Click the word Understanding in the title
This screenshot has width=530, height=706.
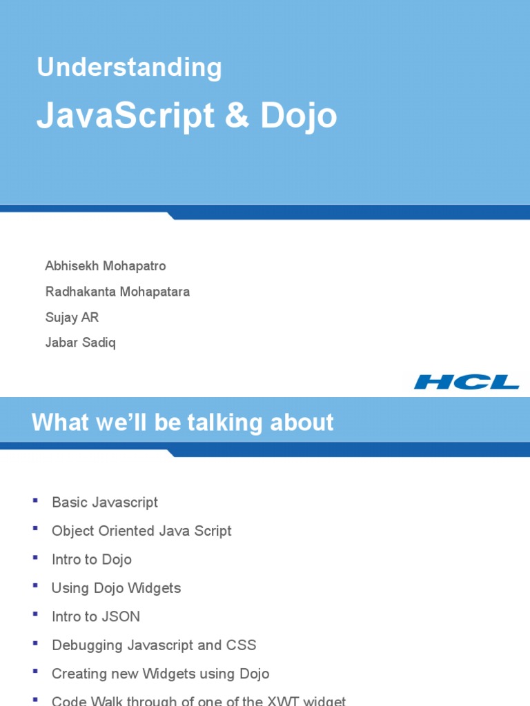pyautogui.click(x=129, y=68)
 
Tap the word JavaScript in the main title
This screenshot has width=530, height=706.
pyautogui.click(x=125, y=116)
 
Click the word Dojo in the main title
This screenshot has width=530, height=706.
pyautogui.click(x=299, y=116)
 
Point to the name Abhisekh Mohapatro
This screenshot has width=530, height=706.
pyautogui.click(x=106, y=266)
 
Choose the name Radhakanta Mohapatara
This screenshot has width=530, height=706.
pyautogui.click(x=117, y=292)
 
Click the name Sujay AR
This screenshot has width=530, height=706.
pyautogui.click(x=72, y=317)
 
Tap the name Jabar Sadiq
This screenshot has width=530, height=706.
pyautogui.click(x=80, y=343)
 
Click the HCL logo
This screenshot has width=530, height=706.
pyautogui.click(x=467, y=381)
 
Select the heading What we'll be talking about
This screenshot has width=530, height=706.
pyautogui.click(x=183, y=423)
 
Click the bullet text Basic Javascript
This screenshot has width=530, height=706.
pyautogui.click(x=105, y=503)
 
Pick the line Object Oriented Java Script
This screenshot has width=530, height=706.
pyautogui.click(x=141, y=531)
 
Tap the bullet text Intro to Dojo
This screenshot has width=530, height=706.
pyautogui.click(x=92, y=560)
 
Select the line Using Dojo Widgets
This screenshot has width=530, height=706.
pyautogui.click(x=116, y=588)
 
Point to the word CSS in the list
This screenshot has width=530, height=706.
pyautogui.click(x=241, y=645)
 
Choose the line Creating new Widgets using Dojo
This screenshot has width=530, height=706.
pyautogui.click(x=160, y=674)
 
